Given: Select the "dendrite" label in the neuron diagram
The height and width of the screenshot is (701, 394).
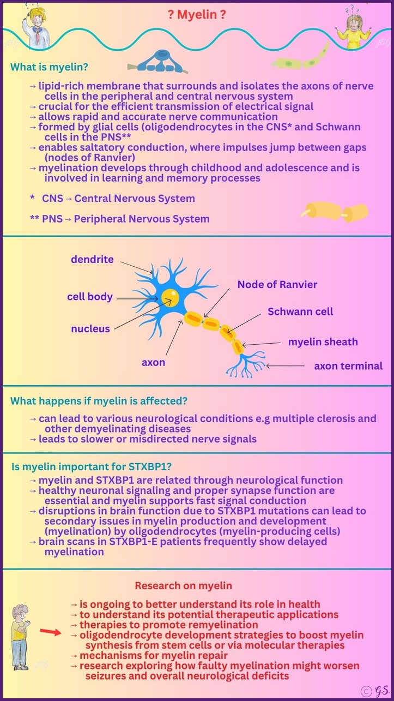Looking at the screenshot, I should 92,259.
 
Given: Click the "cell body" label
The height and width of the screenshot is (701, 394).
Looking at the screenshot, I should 89,297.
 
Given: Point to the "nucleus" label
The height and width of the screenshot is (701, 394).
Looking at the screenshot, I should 90,328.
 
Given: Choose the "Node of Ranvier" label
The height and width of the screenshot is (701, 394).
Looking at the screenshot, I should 277,284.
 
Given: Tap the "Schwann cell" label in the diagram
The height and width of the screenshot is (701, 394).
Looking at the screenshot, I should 300,311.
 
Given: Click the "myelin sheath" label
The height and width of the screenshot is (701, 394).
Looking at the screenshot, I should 323,342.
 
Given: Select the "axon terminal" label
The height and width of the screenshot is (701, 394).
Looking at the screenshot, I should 348,366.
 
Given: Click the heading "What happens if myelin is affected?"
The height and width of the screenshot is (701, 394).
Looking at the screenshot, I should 99,401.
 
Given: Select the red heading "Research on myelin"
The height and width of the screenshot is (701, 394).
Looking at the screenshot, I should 183,586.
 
